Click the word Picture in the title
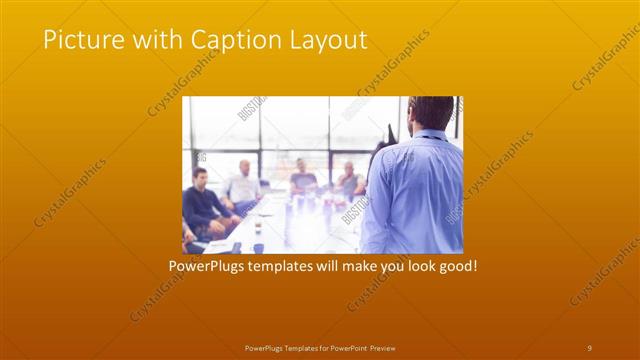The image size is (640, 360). coord(79,39)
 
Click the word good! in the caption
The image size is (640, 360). coord(454,267)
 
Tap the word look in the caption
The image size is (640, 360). coord(410,267)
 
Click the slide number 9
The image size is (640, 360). coord(589,347)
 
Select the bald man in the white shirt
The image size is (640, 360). coord(243,184)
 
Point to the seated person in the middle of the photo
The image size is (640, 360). coord(303,178)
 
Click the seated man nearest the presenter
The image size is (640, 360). coord(349,180)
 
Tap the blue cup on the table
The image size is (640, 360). coord(258,247)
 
